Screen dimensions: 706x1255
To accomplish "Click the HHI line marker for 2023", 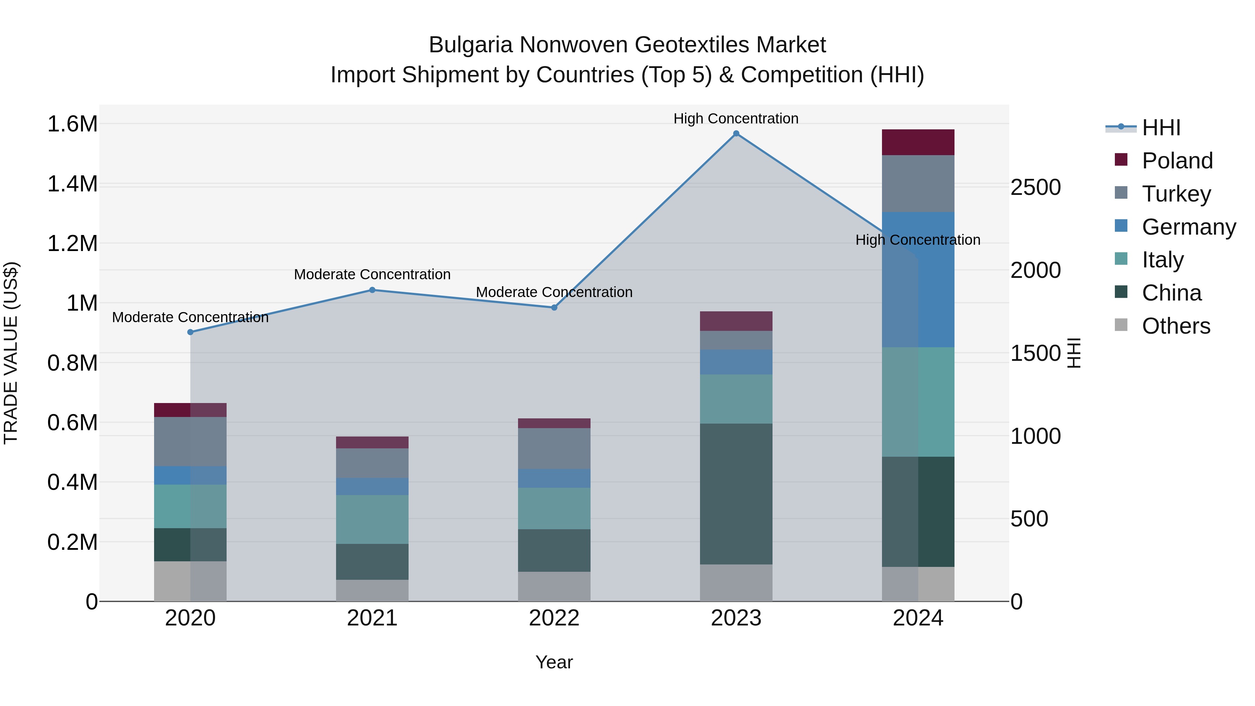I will point(736,134).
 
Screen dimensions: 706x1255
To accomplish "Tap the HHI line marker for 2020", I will point(190,332).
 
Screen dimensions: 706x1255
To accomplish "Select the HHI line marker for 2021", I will point(372,290).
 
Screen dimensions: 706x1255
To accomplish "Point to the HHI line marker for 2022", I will point(554,308).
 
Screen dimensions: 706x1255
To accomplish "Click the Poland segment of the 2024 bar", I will point(918,142).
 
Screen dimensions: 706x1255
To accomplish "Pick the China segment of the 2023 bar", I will point(736,494).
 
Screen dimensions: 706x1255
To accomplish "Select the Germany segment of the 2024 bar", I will point(918,280).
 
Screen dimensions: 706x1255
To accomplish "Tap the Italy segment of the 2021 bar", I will point(372,519).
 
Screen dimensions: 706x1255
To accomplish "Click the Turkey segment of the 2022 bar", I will point(554,448).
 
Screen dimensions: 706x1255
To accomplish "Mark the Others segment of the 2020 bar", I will point(190,581).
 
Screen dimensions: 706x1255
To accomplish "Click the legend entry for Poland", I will point(1177,161).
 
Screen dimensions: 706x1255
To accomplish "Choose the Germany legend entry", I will point(1188,227).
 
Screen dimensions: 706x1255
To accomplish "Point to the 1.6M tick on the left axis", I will point(73,124).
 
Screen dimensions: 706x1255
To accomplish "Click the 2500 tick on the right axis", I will point(1035,188).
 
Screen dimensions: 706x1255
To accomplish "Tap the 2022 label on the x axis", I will point(554,618).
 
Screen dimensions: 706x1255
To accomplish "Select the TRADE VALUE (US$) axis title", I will point(11,353).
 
